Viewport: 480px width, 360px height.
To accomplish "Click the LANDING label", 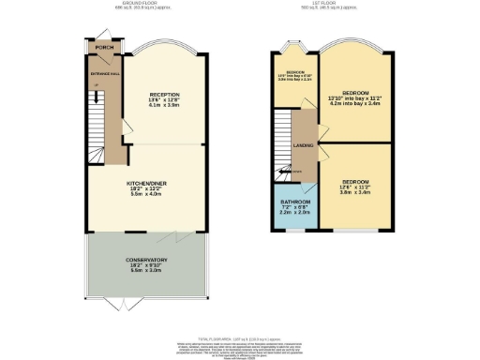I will pos(305,146).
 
